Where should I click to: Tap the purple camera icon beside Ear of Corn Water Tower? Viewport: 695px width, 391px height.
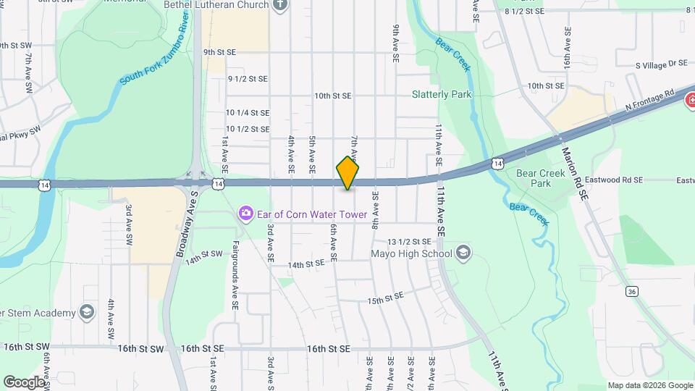pos(246,213)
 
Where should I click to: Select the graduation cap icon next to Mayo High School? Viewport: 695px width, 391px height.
pos(463,253)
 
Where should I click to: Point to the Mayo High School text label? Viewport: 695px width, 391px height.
pos(411,253)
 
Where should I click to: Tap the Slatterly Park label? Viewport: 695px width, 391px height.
pos(441,94)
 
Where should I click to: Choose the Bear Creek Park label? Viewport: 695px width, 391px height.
pos(534,178)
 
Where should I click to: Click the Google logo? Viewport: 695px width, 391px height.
pos(24,382)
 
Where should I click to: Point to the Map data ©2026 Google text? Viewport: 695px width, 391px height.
pos(649,385)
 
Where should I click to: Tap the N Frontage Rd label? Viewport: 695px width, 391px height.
pos(649,101)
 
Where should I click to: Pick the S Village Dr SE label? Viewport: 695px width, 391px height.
pos(660,64)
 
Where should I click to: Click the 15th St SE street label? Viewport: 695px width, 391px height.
pos(384,299)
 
